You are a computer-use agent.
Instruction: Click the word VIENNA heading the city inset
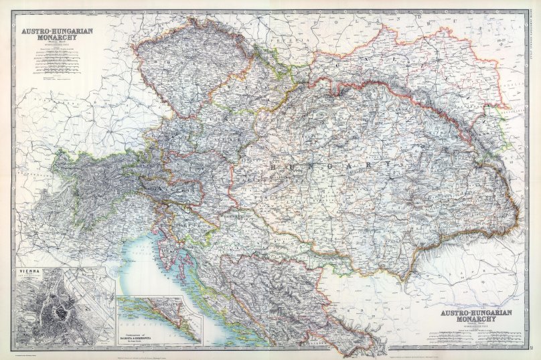(27, 272)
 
